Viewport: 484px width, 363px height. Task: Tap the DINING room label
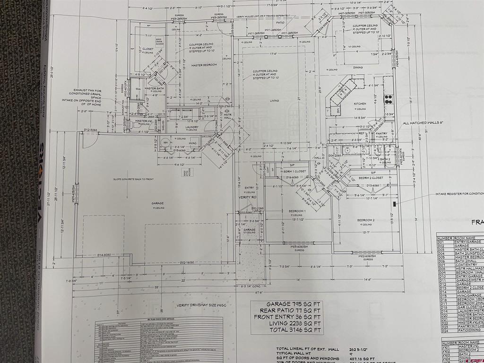(358, 68)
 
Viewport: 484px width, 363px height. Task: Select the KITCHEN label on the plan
(360, 103)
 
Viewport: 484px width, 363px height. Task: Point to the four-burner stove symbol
(389, 99)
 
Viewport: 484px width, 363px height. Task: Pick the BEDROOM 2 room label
(365, 220)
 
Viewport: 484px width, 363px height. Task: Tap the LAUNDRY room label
(191, 127)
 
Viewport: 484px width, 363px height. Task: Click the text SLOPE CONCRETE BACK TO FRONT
(134, 179)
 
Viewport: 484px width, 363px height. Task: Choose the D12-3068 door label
(90, 130)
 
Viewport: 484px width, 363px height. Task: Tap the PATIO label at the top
(280, 22)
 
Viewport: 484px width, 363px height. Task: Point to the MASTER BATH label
(154, 88)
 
